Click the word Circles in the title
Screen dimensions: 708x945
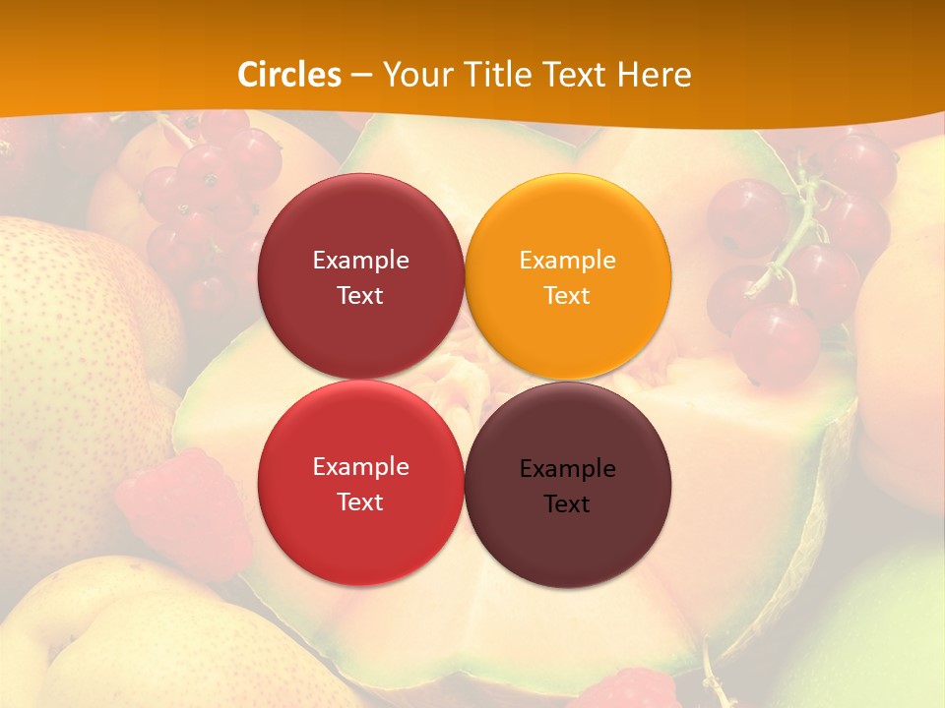pyautogui.click(x=289, y=75)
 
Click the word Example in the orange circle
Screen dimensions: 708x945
pyautogui.click(x=567, y=261)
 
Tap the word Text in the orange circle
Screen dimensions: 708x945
pyautogui.click(x=567, y=295)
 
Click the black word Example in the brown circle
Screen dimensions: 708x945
pyautogui.click(x=567, y=469)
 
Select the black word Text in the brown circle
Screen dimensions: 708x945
pyautogui.click(x=567, y=503)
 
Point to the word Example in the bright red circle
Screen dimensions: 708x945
pyautogui.click(x=360, y=467)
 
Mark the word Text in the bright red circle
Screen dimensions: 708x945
pyautogui.click(x=360, y=501)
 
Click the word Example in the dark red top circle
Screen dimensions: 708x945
pyautogui.click(x=360, y=261)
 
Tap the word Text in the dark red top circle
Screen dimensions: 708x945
pyautogui.click(x=360, y=295)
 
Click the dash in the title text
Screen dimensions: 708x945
pyautogui.click(x=361, y=76)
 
